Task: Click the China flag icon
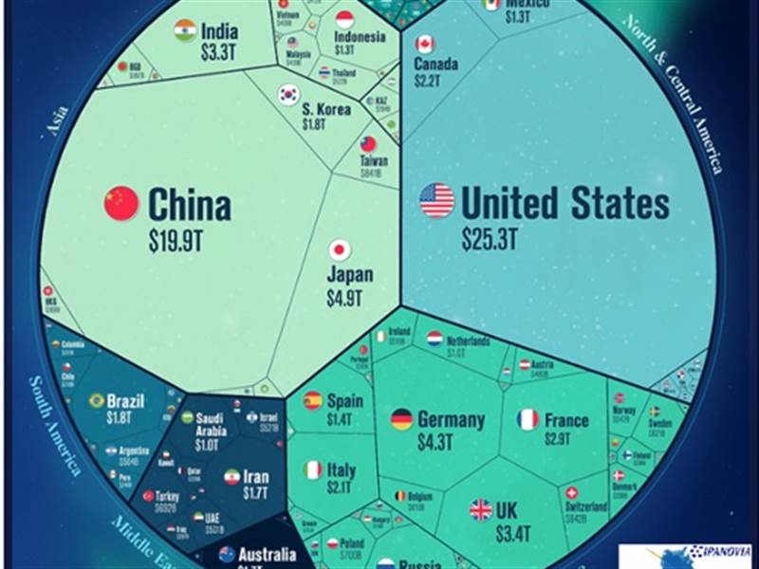[x=121, y=203]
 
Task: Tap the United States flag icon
[x=437, y=201]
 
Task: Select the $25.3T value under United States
[x=491, y=238]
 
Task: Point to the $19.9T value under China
[x=176, y=241]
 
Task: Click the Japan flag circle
[x=340, y=250]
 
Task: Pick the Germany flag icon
[x=402, y=419]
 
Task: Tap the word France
[x=566, y=419]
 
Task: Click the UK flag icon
[x=481, y=510]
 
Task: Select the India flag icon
[x=185, y=31]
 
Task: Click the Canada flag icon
[x=425, y=44]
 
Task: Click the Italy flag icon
[x=312, y=469]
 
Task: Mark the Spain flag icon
[x=312, y=400]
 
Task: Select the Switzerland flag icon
[x=571, y=493]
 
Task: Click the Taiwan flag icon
[x=369, y=143]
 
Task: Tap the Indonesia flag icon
[x=345, y=18]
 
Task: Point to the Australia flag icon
[x=227, y=554]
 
